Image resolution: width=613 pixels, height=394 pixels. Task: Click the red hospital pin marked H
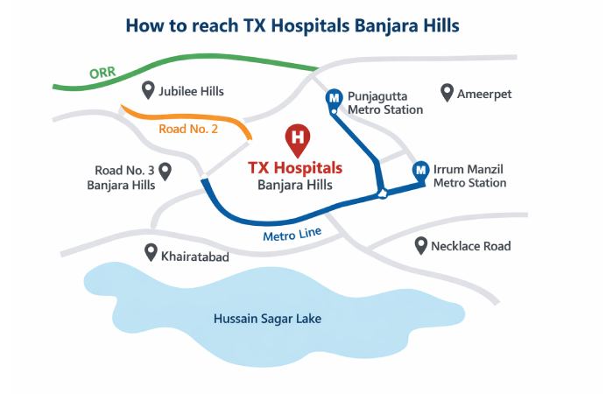(298, 138)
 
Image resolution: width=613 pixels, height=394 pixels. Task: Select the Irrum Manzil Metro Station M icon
(419, 170)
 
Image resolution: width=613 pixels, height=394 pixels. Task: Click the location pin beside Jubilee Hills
(148, 90)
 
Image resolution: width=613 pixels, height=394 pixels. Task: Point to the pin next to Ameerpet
(447, 93)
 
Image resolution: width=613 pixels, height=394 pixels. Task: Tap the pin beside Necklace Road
(420, 245)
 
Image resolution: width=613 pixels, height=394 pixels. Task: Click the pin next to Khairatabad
(151, 252)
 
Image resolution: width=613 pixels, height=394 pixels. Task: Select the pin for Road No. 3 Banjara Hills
(164, 171)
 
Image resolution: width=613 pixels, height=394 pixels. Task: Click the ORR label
(102, 74)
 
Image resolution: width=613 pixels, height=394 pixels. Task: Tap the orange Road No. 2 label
(188, 129)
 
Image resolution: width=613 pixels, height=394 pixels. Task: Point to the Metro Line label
(292, 235)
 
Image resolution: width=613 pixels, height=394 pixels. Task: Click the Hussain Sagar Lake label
(267, 319)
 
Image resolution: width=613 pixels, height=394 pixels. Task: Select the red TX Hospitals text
(295, 167)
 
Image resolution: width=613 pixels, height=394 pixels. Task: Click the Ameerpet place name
(484, 94)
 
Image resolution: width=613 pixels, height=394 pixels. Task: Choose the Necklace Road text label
(470, 246)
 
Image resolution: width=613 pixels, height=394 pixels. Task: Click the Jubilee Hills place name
(191, 91)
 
